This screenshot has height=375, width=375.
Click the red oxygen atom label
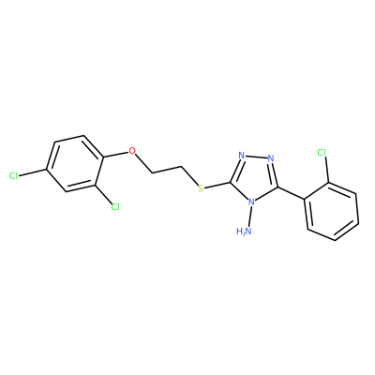(132, 151)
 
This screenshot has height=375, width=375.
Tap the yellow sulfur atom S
(201, 188)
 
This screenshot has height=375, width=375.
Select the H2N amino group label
(244, 232)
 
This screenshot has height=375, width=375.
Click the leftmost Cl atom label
(13, 176)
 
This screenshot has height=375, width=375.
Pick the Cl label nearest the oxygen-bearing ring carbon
(115, 206)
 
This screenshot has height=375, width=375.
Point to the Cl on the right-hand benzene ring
(322, 153)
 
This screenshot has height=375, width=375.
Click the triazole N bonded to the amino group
(251, 202)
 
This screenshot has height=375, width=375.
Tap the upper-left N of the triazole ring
(241, 156)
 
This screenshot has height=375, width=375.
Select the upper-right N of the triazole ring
(271, 158)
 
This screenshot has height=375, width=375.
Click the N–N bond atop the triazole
(256, 157)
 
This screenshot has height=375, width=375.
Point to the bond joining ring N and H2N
(249, 217)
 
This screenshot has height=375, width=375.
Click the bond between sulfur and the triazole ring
(217, 185)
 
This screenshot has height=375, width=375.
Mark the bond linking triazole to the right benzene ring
(291, 193)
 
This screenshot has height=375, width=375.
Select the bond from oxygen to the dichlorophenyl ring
(115, 155)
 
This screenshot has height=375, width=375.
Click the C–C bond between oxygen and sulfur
(167, 169)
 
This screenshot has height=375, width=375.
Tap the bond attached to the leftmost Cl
(33, 172)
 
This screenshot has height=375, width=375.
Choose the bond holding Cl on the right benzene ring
(326, 170)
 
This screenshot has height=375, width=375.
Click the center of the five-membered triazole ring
(255, 177)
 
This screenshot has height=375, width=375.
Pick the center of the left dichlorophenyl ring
(75, 163)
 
